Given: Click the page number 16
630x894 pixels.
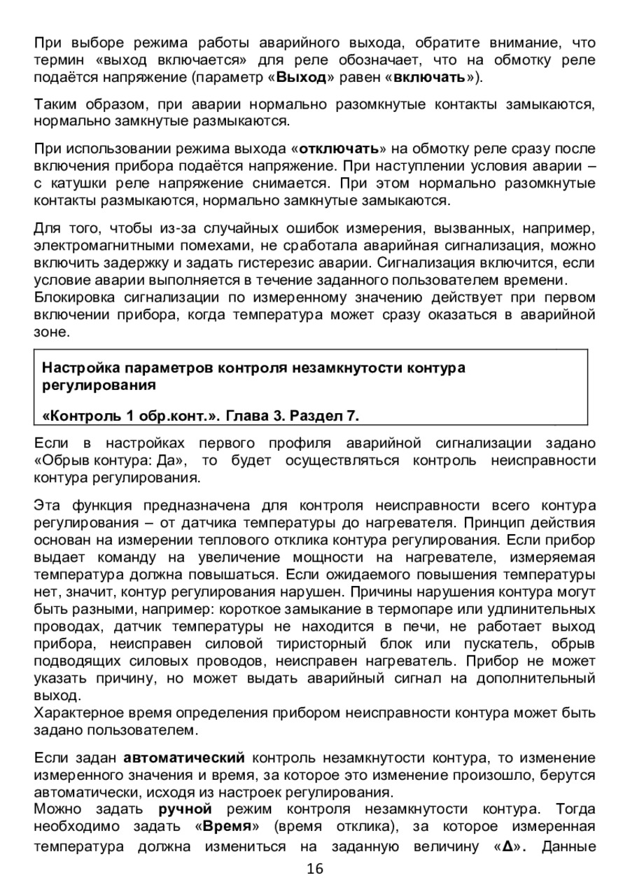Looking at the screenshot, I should [315, 869].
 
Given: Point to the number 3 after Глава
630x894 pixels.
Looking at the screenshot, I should [273, 417].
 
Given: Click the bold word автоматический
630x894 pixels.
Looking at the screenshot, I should [184, 759].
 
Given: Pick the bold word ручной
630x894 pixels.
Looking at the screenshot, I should [185, 811].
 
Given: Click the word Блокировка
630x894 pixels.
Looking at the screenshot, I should [72, 298].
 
